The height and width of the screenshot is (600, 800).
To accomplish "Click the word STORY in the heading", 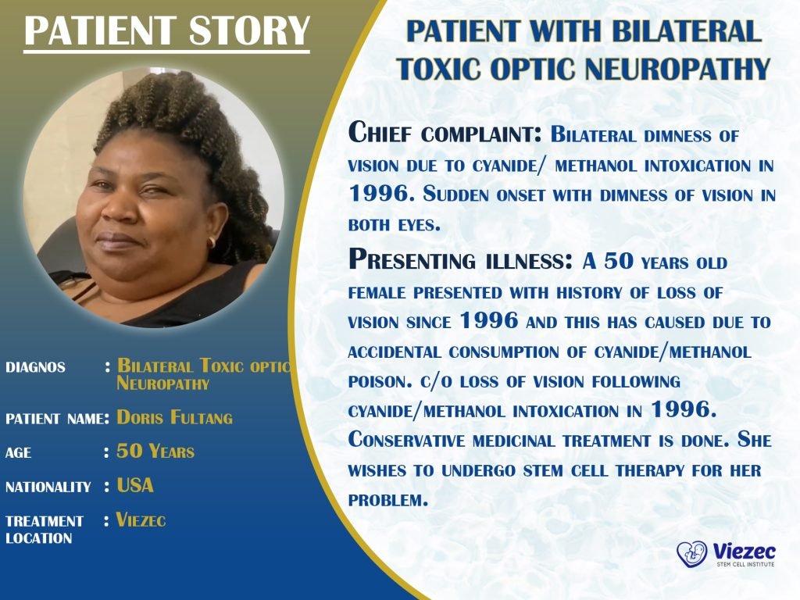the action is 249,30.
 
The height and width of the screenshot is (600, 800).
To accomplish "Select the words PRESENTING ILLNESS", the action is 461,259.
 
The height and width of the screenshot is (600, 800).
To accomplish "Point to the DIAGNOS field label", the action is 35,367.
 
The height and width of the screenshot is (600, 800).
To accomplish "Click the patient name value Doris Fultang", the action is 174,418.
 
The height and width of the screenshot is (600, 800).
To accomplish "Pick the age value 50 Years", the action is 155,452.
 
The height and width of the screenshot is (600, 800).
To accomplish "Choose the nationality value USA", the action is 135,485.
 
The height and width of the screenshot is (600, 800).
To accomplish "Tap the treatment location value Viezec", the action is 141,520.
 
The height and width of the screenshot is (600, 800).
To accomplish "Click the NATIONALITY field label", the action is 48,487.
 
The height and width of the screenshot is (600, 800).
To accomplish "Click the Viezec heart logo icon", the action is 692,554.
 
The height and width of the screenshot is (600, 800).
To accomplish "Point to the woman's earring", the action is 212,242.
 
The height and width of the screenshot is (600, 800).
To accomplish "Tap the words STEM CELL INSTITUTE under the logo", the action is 745,564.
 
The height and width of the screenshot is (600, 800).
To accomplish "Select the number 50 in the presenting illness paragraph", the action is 619,261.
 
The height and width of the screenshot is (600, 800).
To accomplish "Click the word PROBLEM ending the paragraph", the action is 388,501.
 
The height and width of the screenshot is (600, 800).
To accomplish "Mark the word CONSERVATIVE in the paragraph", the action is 406,441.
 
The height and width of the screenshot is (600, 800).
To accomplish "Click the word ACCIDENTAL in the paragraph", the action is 395,352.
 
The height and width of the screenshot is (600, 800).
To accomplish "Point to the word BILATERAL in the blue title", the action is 686,30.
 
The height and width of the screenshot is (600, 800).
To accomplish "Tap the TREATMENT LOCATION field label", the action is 45,530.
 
